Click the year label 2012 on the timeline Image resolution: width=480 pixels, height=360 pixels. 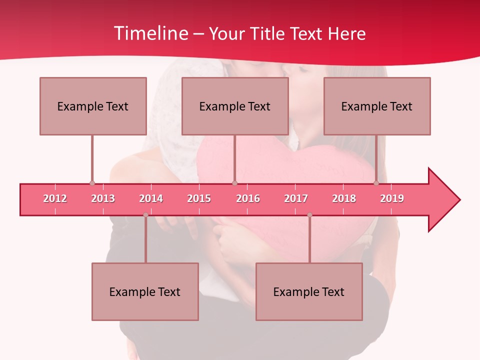[x=55, y=198]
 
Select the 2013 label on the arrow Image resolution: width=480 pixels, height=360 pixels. [x=103, y=198]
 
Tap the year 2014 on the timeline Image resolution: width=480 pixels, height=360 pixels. [x=151, y=198]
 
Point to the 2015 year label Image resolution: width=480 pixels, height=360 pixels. [x=199, y=198]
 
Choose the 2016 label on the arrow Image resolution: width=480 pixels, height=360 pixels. [x=248, y=198]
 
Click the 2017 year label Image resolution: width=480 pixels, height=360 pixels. [x=296, y=198]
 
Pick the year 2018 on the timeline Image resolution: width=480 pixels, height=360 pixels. [x=344, y=198]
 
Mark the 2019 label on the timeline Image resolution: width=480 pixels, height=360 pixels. [x=392, y=198]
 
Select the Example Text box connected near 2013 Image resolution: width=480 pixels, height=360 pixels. [x=93, y=106]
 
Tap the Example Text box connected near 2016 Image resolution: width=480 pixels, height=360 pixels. [x=235, y=106]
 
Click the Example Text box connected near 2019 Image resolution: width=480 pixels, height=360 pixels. [x=377, y=106]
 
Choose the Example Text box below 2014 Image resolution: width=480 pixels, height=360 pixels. [x=145, y=291]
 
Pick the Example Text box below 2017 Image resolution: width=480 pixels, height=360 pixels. [x=309, y=291]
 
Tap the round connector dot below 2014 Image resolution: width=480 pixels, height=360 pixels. [x=145, y=215]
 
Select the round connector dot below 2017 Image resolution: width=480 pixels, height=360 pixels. [x=309, y=215]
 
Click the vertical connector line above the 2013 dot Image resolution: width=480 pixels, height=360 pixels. [x=92, y=157]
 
